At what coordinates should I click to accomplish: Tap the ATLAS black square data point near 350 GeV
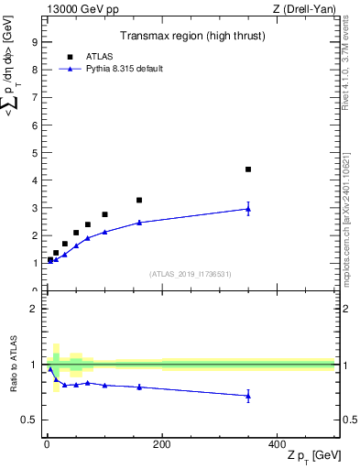(248, 169)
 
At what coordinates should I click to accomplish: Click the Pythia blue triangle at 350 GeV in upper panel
(248, 209)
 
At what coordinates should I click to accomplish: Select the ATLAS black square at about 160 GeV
(139, 200)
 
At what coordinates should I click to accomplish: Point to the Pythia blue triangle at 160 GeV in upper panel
(139, 223)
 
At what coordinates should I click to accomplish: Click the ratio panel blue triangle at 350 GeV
(248, 396)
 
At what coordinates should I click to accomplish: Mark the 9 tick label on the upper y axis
(34, 42)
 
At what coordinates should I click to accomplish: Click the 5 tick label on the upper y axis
(34, 153)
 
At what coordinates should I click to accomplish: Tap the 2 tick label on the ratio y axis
(34, 309)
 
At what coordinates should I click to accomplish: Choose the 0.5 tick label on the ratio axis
(30, 420)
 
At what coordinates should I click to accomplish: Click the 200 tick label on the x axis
(161, 445)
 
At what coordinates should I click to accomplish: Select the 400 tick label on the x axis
(277, 445)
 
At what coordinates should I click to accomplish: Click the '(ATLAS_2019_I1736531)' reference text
(190, 273)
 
